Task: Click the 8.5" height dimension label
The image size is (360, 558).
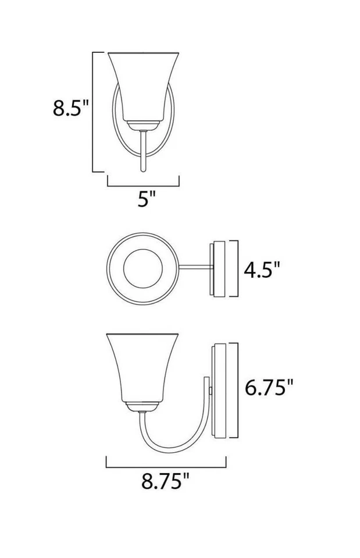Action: tap(70, 108)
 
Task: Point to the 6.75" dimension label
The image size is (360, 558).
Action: tap(269, 387)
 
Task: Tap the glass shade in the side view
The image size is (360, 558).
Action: tap(142, 366)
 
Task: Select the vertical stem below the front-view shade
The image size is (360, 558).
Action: tap(143, 151)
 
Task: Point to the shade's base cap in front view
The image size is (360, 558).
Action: tap(143, 125)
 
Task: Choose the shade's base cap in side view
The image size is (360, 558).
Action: tap(142, 406)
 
